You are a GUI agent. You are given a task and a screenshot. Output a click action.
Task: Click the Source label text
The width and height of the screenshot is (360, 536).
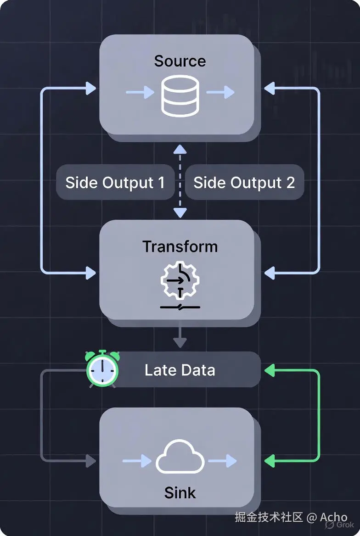[180, 61]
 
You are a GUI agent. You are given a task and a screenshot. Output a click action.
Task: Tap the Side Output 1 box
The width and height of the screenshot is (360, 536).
[115, 183]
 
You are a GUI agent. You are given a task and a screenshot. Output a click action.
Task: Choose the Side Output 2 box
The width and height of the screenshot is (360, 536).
[244, 183]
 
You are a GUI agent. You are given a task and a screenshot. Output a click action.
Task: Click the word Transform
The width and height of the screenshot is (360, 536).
[180, 246]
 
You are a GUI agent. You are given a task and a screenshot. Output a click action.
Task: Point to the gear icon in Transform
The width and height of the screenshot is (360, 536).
[180, 280]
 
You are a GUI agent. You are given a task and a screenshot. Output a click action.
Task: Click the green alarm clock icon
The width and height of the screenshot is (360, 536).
[102, 369]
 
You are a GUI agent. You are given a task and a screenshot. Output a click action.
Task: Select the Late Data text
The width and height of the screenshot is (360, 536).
[180, 370]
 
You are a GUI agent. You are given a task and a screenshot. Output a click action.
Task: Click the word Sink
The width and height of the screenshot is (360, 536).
[180, 492]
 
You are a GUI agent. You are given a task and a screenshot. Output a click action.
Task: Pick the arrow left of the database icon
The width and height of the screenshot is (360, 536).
[140, 92]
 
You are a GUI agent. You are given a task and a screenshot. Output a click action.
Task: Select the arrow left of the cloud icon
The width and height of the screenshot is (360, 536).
[137, 461]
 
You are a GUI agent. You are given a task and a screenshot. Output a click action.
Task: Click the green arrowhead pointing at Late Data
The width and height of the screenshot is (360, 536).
[269, 370]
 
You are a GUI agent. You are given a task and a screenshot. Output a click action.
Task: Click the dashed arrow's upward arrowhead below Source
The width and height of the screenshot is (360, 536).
[180, 149]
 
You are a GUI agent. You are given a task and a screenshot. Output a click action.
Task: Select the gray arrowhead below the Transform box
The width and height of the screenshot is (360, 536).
[180, 342]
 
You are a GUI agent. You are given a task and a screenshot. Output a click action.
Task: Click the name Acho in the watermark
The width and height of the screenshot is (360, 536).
[333, 517]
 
